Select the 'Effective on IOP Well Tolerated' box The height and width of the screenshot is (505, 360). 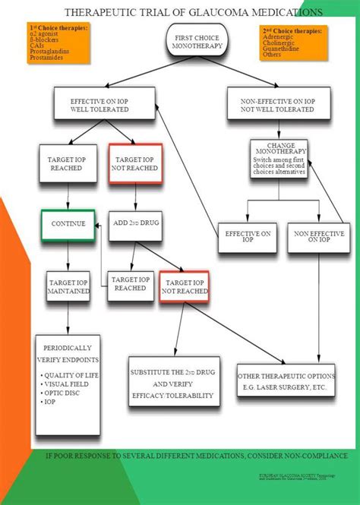tap(99, 104)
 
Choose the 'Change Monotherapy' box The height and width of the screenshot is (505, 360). tap(281, 158)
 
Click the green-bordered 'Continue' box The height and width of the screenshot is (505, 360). tap(68, 224)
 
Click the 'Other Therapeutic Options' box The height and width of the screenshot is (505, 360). tap(286, 380)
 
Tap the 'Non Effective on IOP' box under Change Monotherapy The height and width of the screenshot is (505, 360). tap(319, 235)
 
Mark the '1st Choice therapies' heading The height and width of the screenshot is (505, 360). tap(57, 27)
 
